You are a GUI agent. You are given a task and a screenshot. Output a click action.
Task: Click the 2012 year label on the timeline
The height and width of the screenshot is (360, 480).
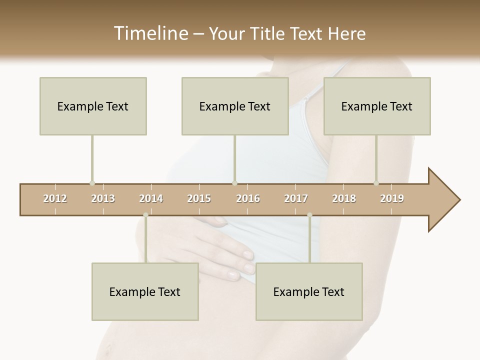(55, 198)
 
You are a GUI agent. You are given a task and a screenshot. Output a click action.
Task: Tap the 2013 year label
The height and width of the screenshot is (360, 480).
(103, 198)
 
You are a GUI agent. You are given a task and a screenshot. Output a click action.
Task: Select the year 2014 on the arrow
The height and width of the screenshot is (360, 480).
(151, 198)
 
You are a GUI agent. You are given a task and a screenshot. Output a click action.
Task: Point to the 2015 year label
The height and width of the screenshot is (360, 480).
(199, 198)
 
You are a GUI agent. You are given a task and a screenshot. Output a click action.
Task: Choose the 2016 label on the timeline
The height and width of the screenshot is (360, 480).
(248, 198)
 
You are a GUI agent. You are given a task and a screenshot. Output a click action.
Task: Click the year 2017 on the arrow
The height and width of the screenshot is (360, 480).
(296, 198)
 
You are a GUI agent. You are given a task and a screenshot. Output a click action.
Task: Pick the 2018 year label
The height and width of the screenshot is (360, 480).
(344, 198)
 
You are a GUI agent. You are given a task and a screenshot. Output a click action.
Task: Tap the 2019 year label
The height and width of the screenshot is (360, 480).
(392, 198)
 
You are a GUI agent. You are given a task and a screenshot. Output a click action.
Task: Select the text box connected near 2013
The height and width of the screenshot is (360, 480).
(93, 106)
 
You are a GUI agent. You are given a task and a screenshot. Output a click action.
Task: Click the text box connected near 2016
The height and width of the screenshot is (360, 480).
(235, 106)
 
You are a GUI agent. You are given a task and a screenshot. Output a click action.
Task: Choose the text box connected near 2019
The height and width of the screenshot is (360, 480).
(377, 106)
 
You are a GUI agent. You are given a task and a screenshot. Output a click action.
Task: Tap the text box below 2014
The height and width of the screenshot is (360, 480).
(145, 291)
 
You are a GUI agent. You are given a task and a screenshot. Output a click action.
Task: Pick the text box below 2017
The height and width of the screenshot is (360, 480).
(309, 291)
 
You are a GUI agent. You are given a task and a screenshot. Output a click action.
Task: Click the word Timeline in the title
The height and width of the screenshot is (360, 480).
(150, 33)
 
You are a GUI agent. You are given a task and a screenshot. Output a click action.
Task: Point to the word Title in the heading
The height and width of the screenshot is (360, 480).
(270, 33)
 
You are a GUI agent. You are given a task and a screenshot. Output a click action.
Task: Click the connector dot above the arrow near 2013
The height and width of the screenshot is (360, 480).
(92, 183)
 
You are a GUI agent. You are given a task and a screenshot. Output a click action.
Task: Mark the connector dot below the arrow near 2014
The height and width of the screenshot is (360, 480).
(145, 215)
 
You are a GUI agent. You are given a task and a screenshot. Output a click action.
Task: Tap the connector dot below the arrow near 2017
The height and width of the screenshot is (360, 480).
(309, 215)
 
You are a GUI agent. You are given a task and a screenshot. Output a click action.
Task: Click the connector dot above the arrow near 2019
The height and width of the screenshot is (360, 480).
(376, 183)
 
